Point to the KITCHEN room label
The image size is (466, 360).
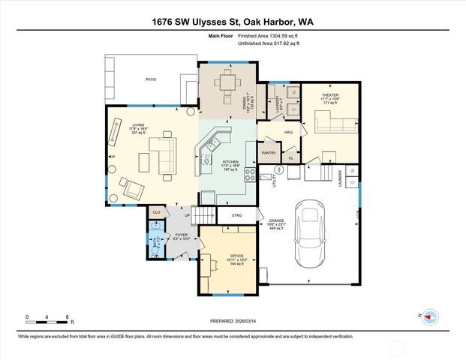pos(230,162)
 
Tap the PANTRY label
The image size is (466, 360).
pos(269,153)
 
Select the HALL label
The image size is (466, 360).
pos(288,133)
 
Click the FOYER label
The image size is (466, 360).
pos(181,235)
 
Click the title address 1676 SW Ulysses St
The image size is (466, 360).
pos(233,22)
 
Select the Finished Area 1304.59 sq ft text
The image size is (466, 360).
pos(269,36)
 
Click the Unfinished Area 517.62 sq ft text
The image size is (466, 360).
pos(269,44)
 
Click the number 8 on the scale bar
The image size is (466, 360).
pos(68,317)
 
